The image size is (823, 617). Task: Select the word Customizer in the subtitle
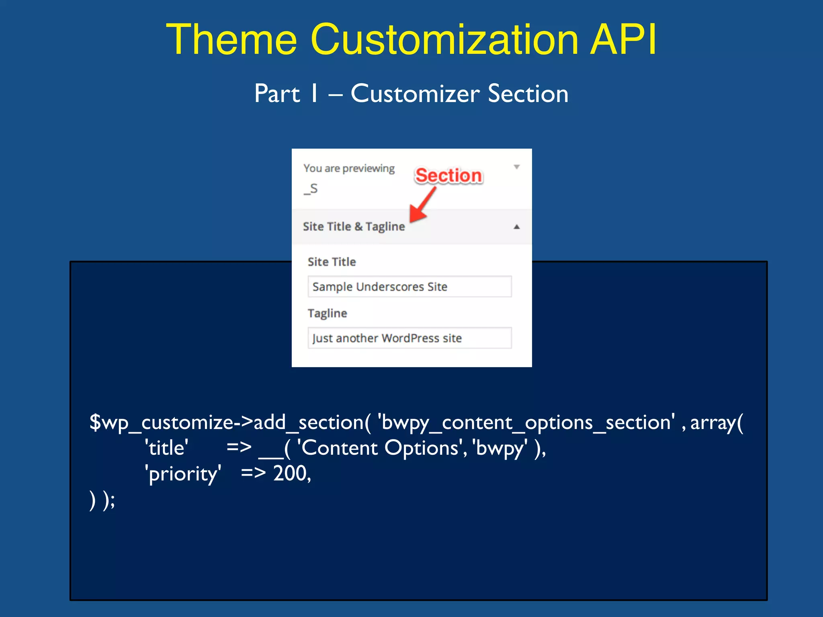(x=415, y=94)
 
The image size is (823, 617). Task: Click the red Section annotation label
(x=448, y=176)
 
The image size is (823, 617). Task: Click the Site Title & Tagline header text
(x=354, y=227)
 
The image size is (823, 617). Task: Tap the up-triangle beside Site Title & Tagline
(x=517, y=227)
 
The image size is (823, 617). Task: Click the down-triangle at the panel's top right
(x=517, y=167)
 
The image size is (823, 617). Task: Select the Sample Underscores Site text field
(x=409, y=286)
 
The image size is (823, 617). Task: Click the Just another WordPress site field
(x=409, y=338)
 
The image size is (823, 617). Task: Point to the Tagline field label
(x=327, y=313)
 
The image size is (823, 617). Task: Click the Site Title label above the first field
(x=332, y=262)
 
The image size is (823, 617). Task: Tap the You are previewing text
(x=349, y=168)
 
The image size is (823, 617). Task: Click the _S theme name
(x=311, y=188)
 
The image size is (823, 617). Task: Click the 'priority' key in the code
(x=183, y=474)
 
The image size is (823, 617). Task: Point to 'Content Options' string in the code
(x=380, y=448)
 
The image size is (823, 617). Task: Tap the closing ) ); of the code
(x=102, y=500)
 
